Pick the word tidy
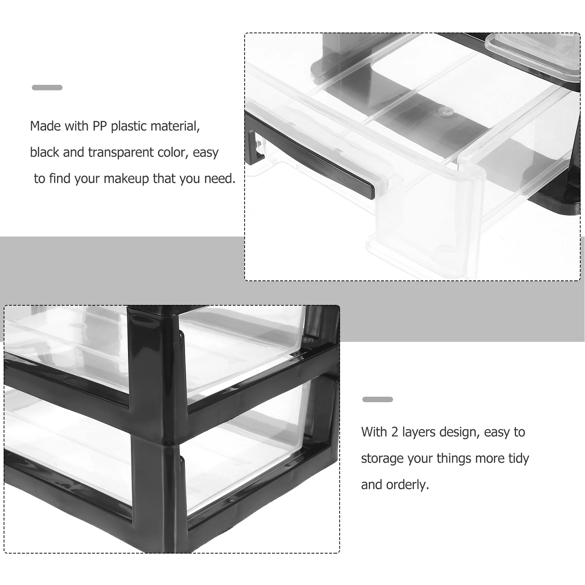coord(518,459)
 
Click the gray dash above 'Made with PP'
coord(47,87)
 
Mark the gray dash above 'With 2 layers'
coord(377,399)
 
